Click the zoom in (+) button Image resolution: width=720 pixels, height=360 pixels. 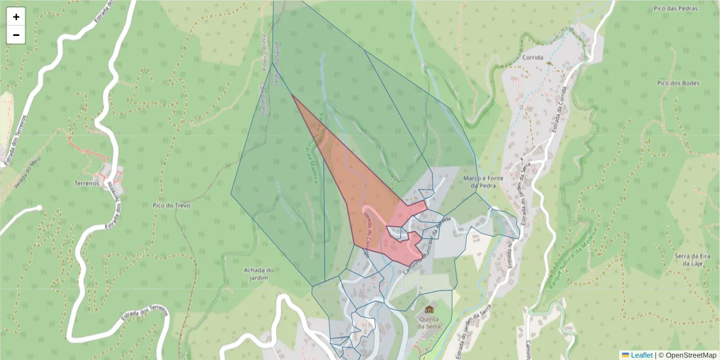click(16, 17)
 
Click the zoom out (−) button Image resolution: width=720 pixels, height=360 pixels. click(16, 35)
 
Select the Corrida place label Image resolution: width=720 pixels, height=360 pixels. click(532, 58)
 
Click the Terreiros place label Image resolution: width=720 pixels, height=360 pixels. click(86, 183)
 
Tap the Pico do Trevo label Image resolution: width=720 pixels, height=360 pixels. click(171, 205)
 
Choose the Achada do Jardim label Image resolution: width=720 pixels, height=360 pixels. click(259, 274)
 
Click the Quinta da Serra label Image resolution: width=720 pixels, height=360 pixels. click(430, 323)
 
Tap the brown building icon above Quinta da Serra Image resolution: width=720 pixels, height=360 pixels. click(430, 309)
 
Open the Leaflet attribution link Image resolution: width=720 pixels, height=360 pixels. click(641, 355)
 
